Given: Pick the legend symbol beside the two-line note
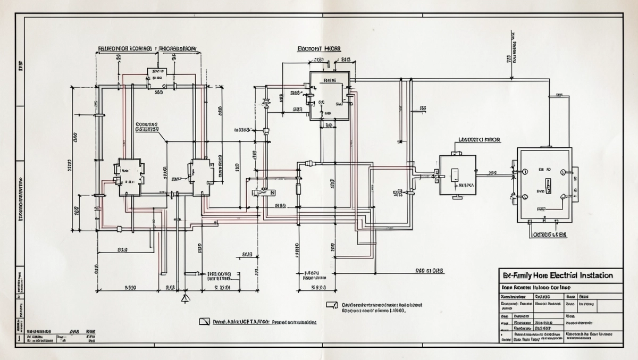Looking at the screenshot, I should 332,305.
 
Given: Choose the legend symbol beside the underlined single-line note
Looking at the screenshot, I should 205,322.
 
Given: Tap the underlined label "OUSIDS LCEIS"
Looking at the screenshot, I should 550,234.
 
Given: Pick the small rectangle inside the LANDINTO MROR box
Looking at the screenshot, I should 455,175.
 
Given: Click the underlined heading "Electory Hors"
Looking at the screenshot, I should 319,48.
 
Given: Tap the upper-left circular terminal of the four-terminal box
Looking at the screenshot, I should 524,172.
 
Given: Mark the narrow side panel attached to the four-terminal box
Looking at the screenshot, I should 575,184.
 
